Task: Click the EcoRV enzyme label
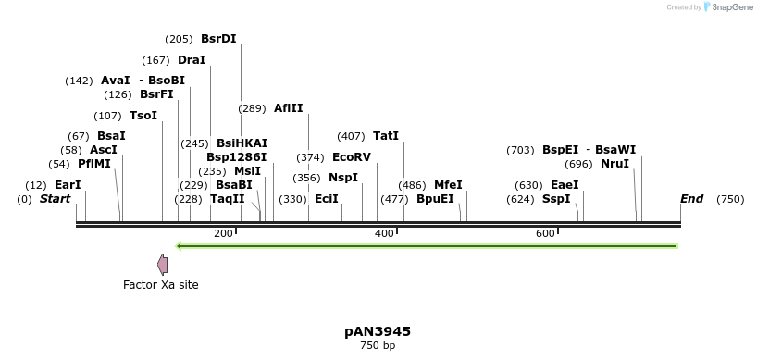click(x=351, y=157)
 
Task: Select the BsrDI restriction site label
click(x=218, y=39)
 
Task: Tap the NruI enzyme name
click(x=614, y=164)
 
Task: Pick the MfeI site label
click(x=448, y=185)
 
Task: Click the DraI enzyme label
click(x=192, y=60)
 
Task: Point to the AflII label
click(x=288, y=108)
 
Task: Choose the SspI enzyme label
click(x=556, y=199)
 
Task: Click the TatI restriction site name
click(x=386, y=136)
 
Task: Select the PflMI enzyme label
click(x=94, y=164)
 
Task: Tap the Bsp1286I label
click(x=236, y=157)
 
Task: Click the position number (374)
click(x=310, y=157)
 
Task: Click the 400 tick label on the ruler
click(x=384, y=233)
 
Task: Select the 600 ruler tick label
click(x=545, y=233)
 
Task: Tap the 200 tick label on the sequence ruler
click(x=223, y=233)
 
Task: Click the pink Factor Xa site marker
click(x=163, y=265)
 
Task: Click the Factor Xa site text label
click(x=160, y=285)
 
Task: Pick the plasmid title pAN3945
click(x=378, y=331)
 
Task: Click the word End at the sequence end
click(x=691, y=199)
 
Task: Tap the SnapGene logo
click(x=727, y=7)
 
